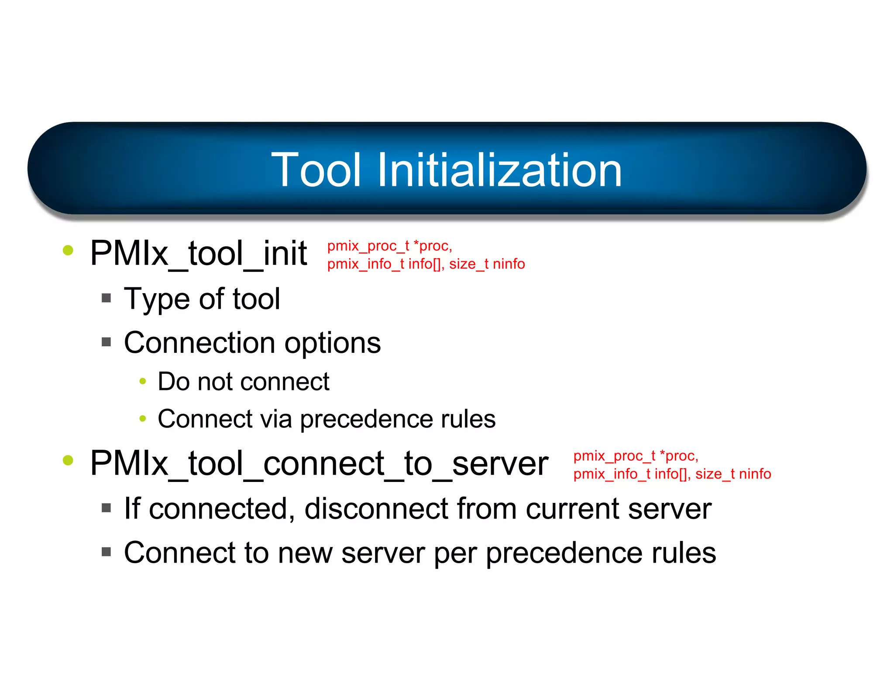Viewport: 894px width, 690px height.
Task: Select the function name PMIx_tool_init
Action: click(x=199, y=253)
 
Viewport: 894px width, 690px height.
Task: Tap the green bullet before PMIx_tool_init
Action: click(x=68, y=250)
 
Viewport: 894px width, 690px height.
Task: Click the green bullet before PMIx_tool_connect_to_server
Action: click(x=68, y=460)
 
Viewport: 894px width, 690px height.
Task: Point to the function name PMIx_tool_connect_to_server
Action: click(x=319, y=463)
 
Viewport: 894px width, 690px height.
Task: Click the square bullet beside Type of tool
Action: click(x=106, y=298)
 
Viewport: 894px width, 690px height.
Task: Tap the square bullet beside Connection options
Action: click(x=106, y=342)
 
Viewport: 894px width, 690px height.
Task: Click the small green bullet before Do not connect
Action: click(x=142, y=381)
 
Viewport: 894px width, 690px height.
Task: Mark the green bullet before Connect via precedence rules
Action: click(x=142, y=419)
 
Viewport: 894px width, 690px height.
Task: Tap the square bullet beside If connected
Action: click(x=106, y=508)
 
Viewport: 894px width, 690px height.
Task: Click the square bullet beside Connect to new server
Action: click(x=106, y=552)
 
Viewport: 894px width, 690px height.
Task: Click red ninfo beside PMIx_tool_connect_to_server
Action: click(x=755, y=474)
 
